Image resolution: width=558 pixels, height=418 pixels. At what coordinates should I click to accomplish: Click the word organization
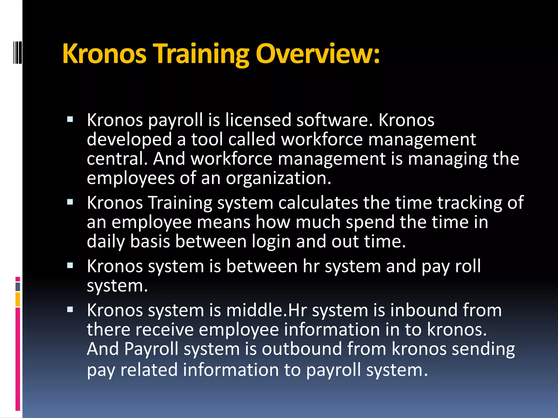coord(278,178)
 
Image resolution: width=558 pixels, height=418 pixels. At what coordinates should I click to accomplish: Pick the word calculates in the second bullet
coord(318,203)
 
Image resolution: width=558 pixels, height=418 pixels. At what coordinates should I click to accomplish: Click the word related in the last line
coord(149,370)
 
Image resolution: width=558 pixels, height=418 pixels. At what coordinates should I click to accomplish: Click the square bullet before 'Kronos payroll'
coord(70,119)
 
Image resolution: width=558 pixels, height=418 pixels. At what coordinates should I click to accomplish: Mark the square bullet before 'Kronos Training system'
coord(70,202)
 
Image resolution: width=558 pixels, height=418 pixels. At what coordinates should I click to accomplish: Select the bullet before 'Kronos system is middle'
coord(70,309)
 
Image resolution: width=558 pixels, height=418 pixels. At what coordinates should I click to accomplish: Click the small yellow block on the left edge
coord(18,299)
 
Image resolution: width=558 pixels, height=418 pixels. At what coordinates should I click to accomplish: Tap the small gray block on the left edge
coord(18,287)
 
